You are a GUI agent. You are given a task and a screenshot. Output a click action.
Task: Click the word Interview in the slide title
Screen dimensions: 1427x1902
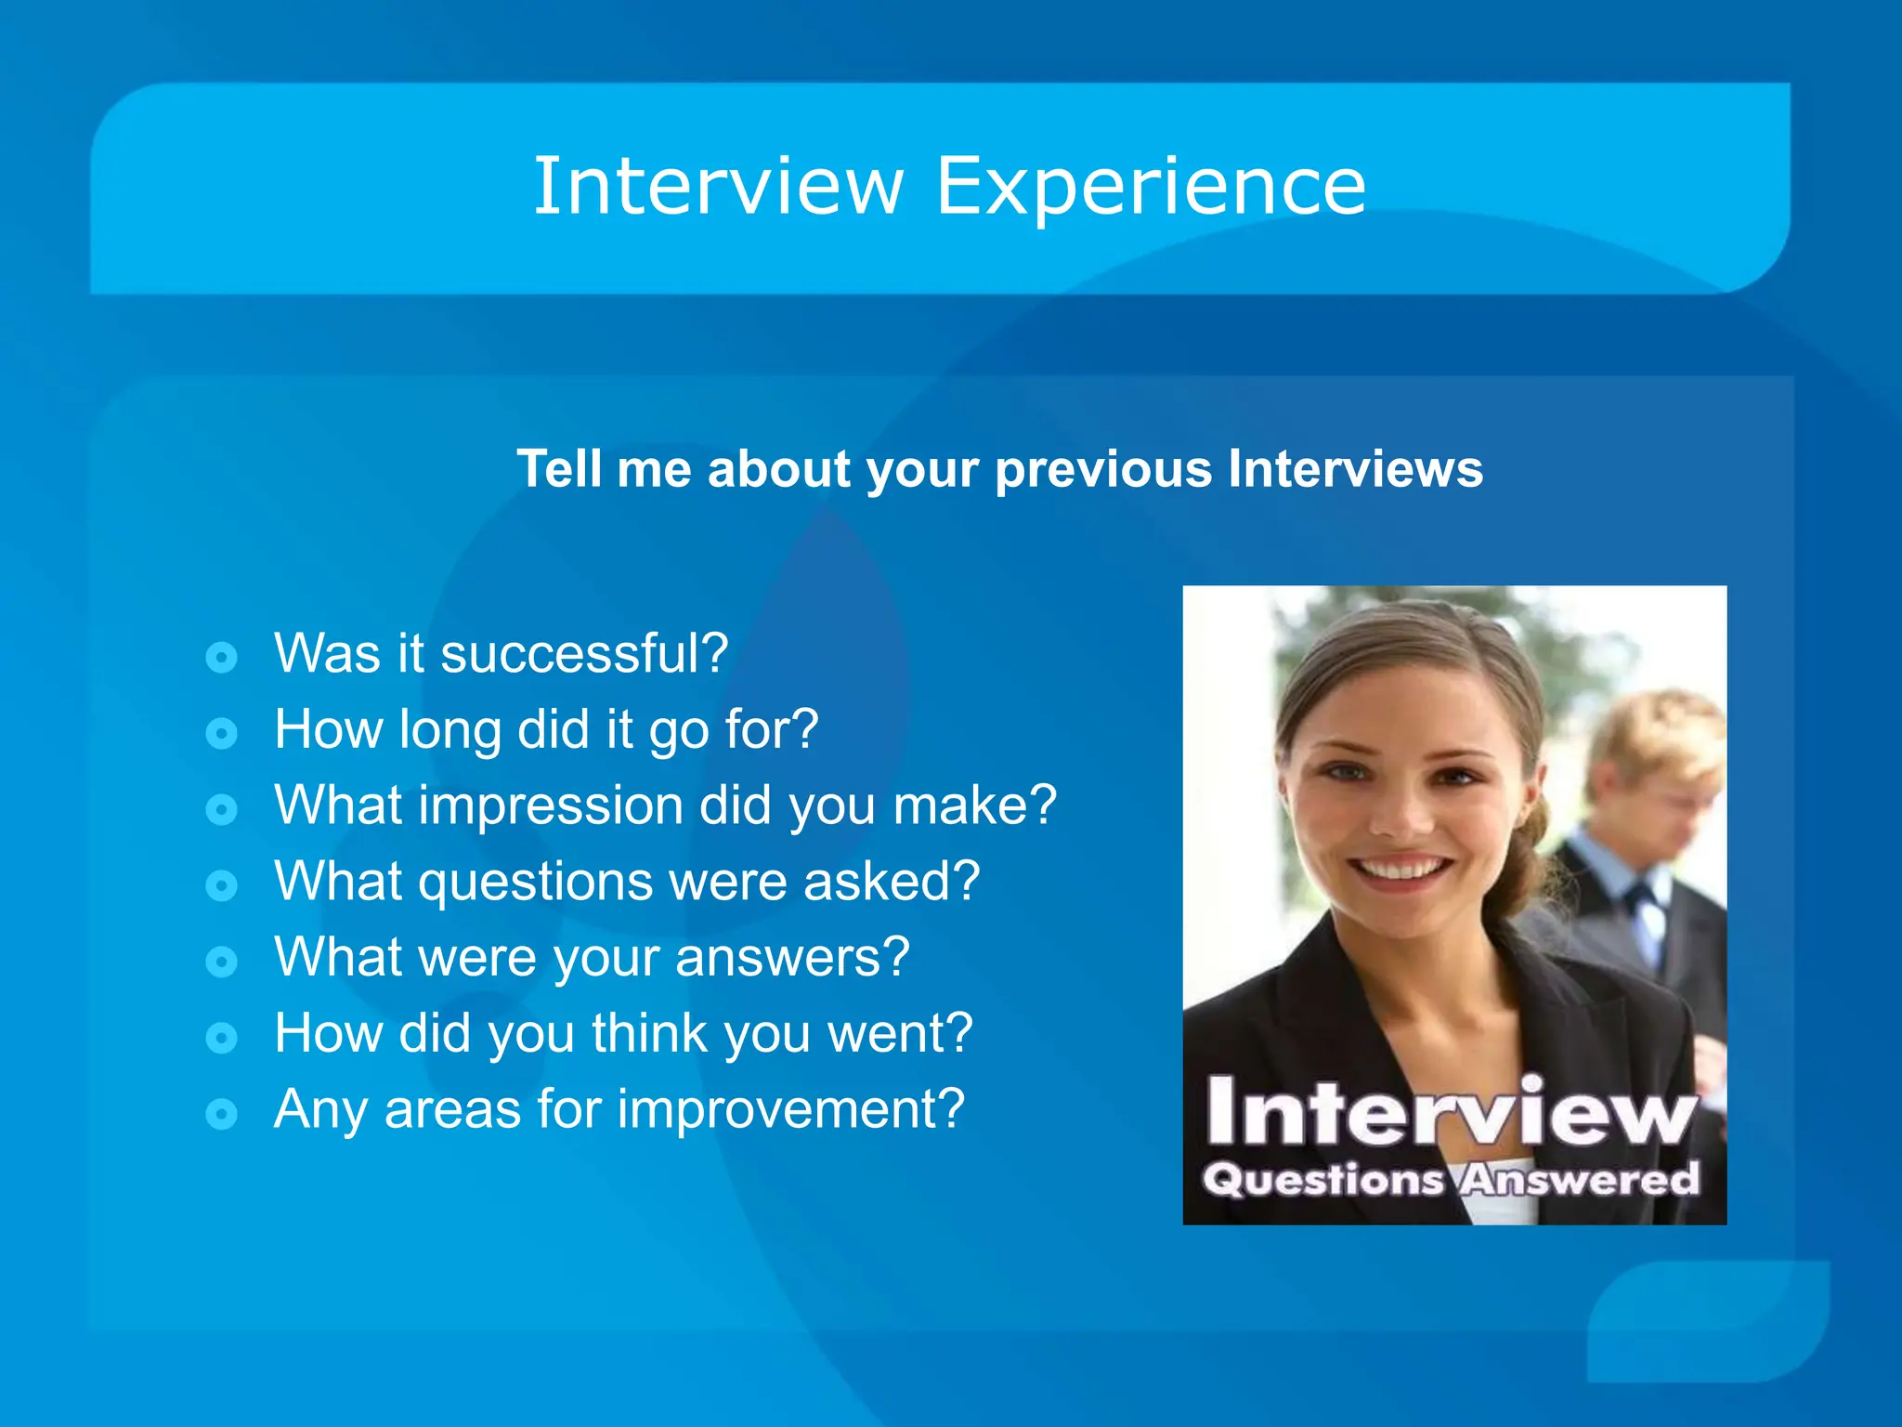[718, 187]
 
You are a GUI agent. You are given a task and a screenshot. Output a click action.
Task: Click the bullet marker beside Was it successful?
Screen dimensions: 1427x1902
[221, 658]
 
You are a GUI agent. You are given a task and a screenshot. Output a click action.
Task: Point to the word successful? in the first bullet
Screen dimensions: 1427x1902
[584, 653]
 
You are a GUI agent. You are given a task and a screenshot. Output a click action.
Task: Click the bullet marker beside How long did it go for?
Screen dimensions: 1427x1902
[221, 734]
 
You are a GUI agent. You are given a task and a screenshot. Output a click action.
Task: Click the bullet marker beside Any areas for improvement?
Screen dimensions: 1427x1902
[221, 1113]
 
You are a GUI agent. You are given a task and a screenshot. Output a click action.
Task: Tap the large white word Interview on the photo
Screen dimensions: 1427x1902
[1452, 1112]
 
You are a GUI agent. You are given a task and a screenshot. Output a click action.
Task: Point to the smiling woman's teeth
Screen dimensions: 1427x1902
[1400, 871]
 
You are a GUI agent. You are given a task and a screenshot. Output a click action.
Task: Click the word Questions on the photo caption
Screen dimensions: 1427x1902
[1323, 1180]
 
